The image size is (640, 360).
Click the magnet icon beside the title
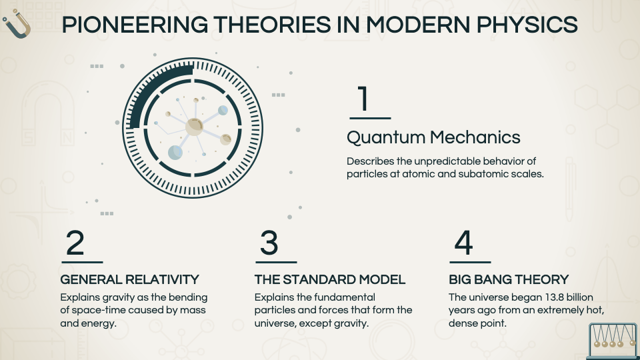[17, 25]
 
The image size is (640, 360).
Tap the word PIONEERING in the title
[135, 25]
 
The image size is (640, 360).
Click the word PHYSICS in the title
[527, 25]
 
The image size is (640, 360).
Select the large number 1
[364, 99]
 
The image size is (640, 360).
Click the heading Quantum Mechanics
[433, 137]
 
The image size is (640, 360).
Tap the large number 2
[75, 243]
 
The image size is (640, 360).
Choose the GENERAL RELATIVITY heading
[129, 279]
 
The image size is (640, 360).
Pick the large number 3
[269, 243]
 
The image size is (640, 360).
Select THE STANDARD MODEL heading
[330, 279]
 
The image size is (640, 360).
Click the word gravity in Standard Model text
[351, 323]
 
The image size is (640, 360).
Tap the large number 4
[464, 243]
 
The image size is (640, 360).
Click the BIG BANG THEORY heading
[509, 279]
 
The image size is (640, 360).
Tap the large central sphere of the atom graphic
[194, 127]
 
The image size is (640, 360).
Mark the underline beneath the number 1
[370, 119]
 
